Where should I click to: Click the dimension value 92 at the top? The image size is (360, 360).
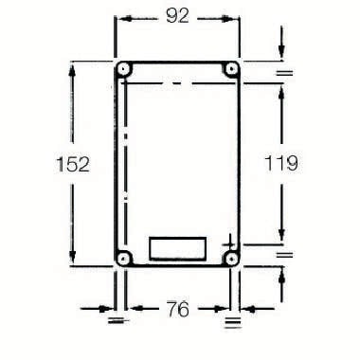(177, 15)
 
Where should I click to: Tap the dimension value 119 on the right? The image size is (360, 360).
(280, 163)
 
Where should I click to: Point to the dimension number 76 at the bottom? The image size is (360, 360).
(177, 308)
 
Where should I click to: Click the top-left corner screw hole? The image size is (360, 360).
(124, 71)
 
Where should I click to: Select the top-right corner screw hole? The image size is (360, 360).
(230, 71)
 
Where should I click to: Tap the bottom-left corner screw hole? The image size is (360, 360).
(124, 257)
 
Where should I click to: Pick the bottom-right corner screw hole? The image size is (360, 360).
(230, 257)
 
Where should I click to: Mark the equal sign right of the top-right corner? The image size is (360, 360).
(281, 72)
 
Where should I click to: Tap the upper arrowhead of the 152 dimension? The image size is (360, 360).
(73, 68)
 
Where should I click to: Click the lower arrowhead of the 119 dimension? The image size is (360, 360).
(281, 237)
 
